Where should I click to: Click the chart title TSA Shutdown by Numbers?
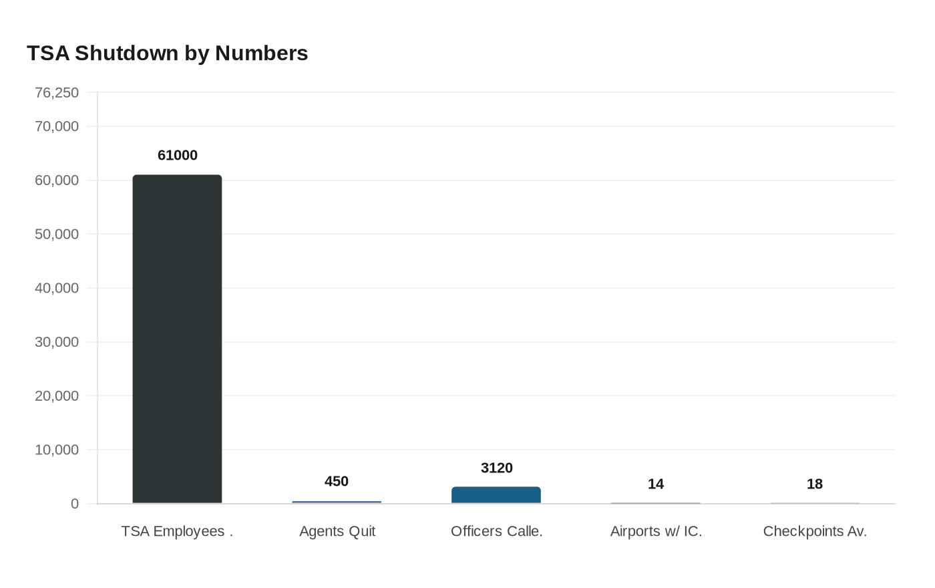(x=167, y=53)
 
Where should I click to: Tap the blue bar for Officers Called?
(x=496, y=495)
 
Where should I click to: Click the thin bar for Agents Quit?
(x=337, y=502)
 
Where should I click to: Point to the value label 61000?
(x=178, y=155)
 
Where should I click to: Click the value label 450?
(x=337, y=481)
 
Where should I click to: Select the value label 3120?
(x=496, y=468)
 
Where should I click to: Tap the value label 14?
(x=656, y=484)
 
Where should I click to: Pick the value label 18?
(x=815, y=484)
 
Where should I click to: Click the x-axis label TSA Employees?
(x=177, y=531)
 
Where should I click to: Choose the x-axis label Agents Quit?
(x=337, y=531)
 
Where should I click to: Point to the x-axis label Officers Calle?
(x=496, y=531)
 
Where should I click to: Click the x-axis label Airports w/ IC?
(x=656, y=531)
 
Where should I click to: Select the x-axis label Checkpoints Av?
(x=815, y=531)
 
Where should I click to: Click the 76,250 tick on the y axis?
(x=57, y=92)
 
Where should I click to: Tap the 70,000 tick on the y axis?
(x=57, y=126)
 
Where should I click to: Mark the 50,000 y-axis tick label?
(x=57, y=234)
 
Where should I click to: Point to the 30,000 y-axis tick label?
(x=57, y=342)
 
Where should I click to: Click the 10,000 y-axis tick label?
(x=57, y=450)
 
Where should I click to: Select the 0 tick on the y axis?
(x=75, y=504)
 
